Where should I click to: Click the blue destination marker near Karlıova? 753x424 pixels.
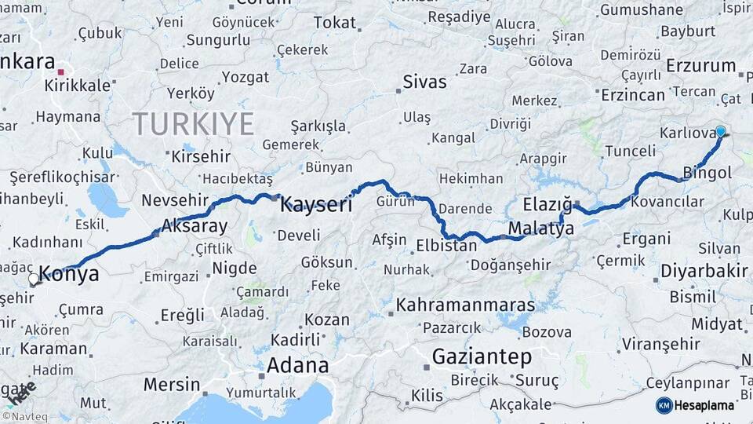720,132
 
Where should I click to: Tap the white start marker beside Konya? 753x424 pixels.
33,279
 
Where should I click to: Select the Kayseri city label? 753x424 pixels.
316,206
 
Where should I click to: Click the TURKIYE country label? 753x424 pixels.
193,124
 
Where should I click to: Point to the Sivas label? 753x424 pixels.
424,82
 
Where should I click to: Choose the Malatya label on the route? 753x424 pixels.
540,228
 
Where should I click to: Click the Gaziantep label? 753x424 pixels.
482,356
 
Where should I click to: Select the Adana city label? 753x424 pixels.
297,365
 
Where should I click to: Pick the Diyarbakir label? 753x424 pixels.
704,271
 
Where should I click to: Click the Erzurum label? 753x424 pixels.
701,66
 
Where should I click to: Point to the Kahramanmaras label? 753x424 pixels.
466,304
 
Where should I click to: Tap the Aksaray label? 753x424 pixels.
194,227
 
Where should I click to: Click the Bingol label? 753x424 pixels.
708,172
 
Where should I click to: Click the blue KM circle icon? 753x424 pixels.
664,405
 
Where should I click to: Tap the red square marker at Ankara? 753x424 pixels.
60,71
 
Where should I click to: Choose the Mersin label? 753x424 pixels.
172,385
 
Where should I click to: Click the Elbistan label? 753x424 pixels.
446,245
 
